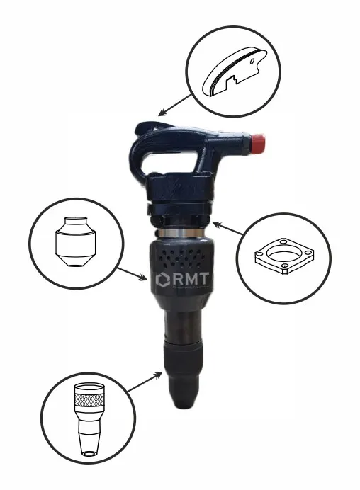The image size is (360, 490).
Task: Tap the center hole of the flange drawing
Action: pos(283,254)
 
